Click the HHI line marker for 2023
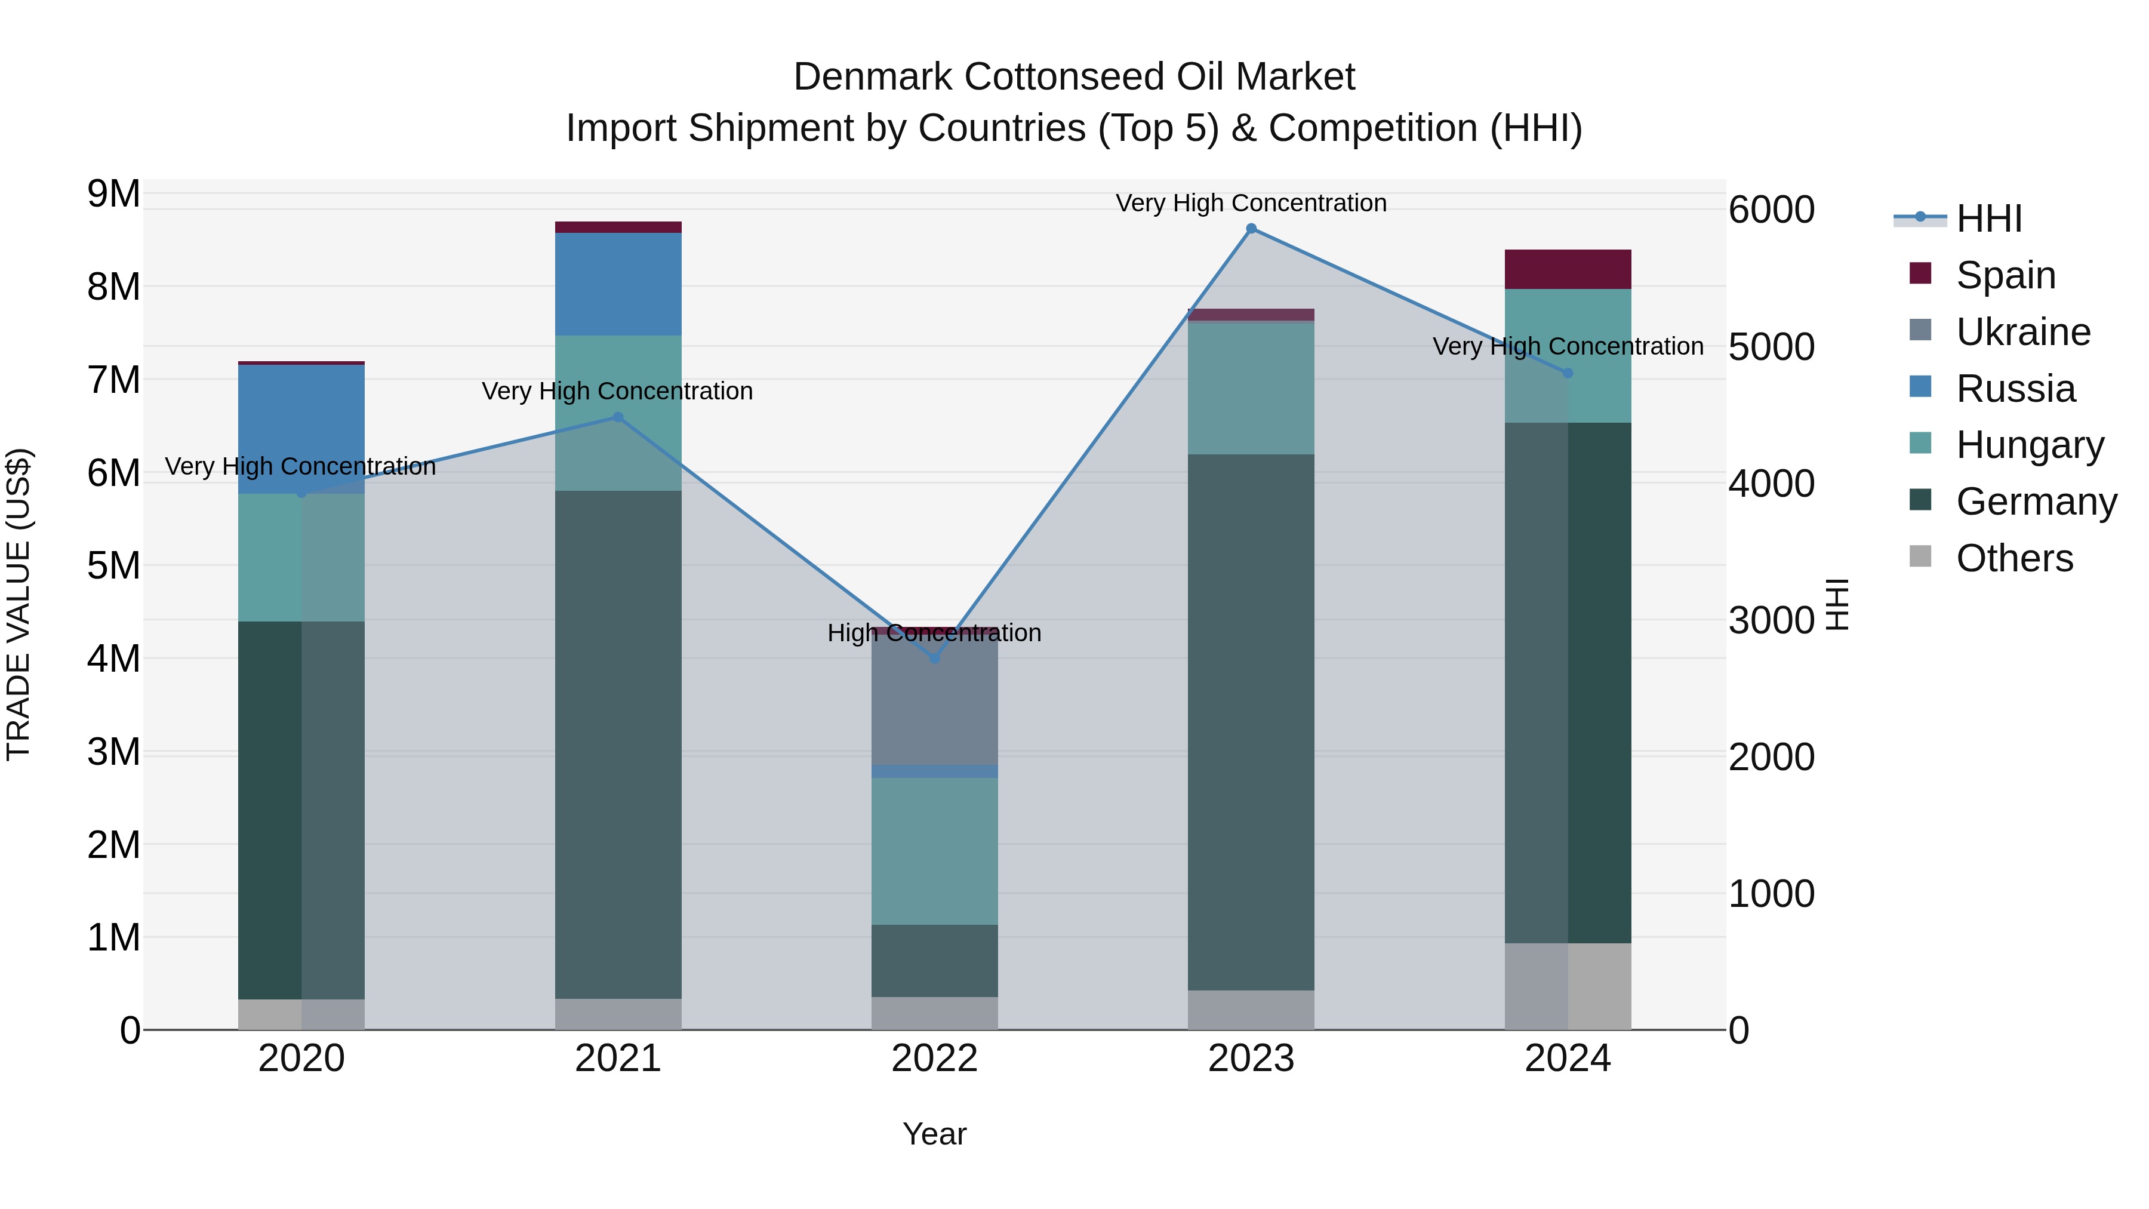pos(1251,229)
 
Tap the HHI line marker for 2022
pos(934,659)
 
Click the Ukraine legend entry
pos(2022,332)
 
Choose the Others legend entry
pos(2014,558)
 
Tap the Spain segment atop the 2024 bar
pos(1568,269)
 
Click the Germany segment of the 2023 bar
pos(1251,722)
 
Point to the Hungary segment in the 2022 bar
pos(934,851)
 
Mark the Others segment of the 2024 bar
pos(1568,986)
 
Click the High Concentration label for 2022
pos(934,633)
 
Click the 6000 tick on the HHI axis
pos(1771,210)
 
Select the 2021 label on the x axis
pos(618,1059)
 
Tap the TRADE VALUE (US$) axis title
pos(19,604)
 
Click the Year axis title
pos(934,1134)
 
